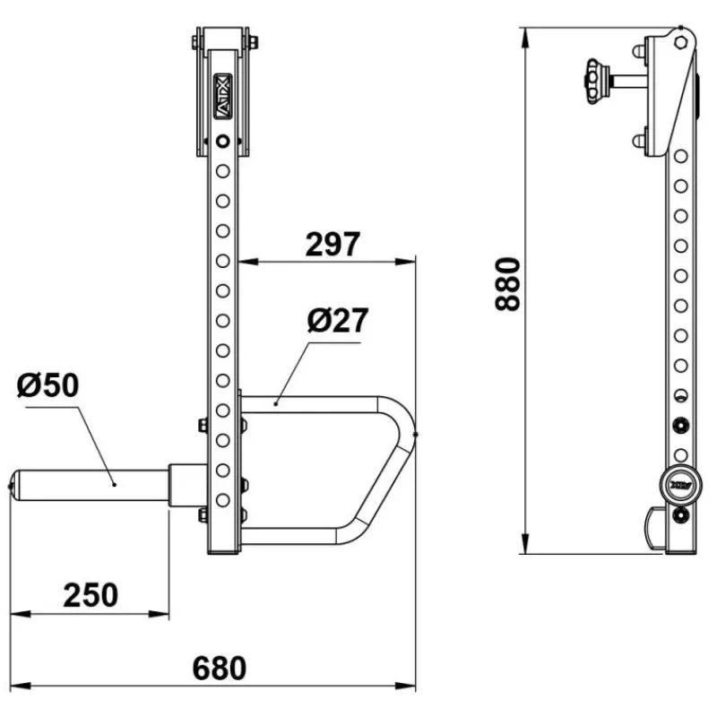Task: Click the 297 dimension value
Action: coord(333,244)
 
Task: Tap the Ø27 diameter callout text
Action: coord(338,321)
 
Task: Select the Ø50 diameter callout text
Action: coord(48,385)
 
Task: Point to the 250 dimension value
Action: coord(91,595)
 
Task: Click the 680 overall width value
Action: coord(220,669)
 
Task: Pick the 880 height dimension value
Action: coord(508,284)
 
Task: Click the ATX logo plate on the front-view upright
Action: coord(222,97)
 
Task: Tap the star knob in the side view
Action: coord(596,82)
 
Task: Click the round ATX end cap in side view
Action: coord(680,485)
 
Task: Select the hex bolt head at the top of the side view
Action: coord(680,42)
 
